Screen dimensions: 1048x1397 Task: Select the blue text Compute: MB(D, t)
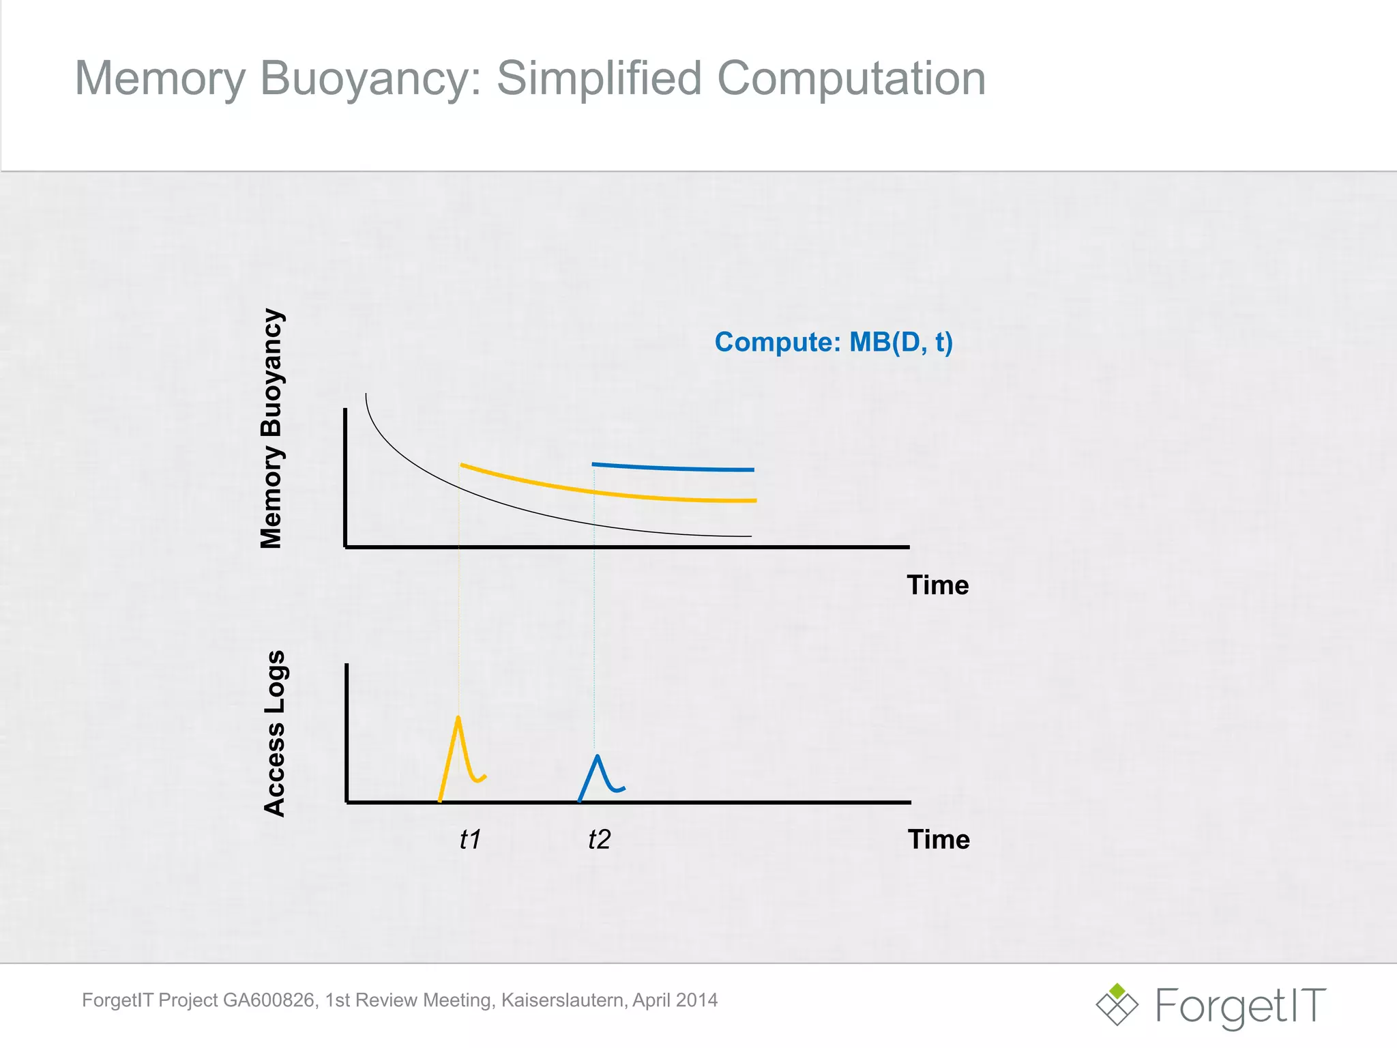[833, 342]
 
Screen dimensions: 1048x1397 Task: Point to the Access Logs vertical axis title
[274, 733]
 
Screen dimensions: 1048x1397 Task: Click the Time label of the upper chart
[937, 585]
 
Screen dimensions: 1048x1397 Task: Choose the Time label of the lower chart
[938, 839]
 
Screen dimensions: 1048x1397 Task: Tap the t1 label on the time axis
[470, 839]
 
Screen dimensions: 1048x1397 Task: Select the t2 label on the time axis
[599, 839]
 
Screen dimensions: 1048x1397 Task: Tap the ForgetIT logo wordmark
[1240, 1006]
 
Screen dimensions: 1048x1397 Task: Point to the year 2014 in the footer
[696, 1000]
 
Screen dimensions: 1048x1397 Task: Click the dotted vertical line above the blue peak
[594, 614]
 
